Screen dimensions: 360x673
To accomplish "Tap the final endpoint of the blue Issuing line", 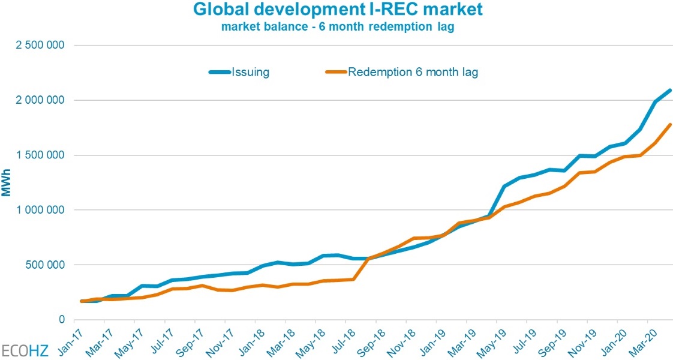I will tap(670, 91).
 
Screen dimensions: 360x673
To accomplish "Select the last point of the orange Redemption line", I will tap(670, 125).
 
